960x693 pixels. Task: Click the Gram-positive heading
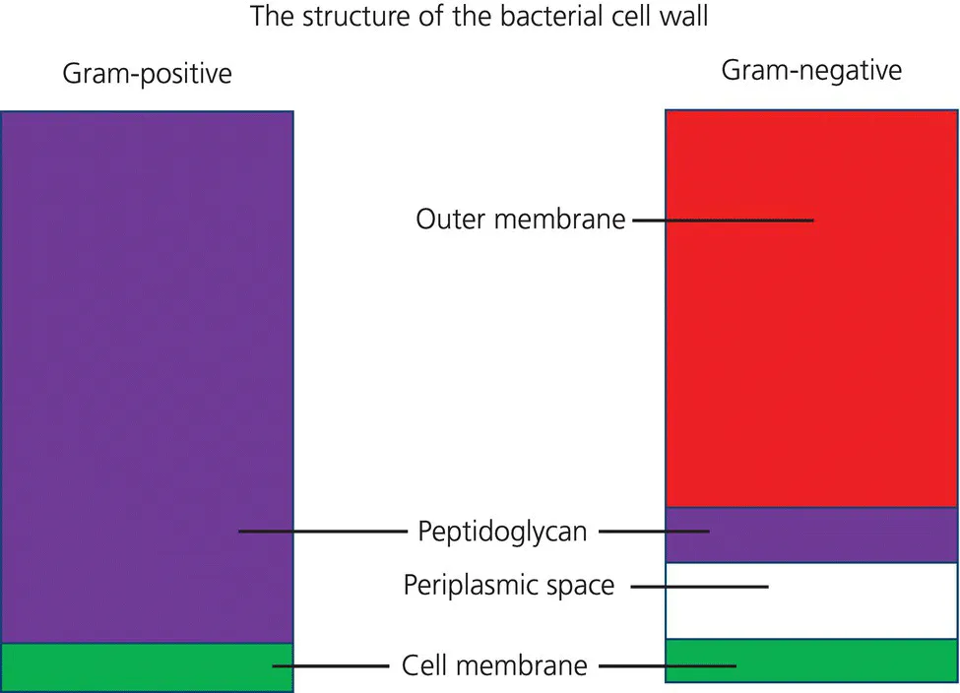point(147,74)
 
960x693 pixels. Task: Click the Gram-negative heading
point(811,71)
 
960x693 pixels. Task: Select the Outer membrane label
point(520,219)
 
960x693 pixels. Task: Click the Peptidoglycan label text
point(502,532)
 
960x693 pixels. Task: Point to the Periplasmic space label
point(508,586)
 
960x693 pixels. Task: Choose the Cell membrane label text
point(494,665)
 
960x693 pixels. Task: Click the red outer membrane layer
point(811,345)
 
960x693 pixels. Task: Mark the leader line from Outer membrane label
point(723,220)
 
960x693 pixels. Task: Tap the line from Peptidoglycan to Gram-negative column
point(654,532)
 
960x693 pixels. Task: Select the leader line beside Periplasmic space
point(698,587)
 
